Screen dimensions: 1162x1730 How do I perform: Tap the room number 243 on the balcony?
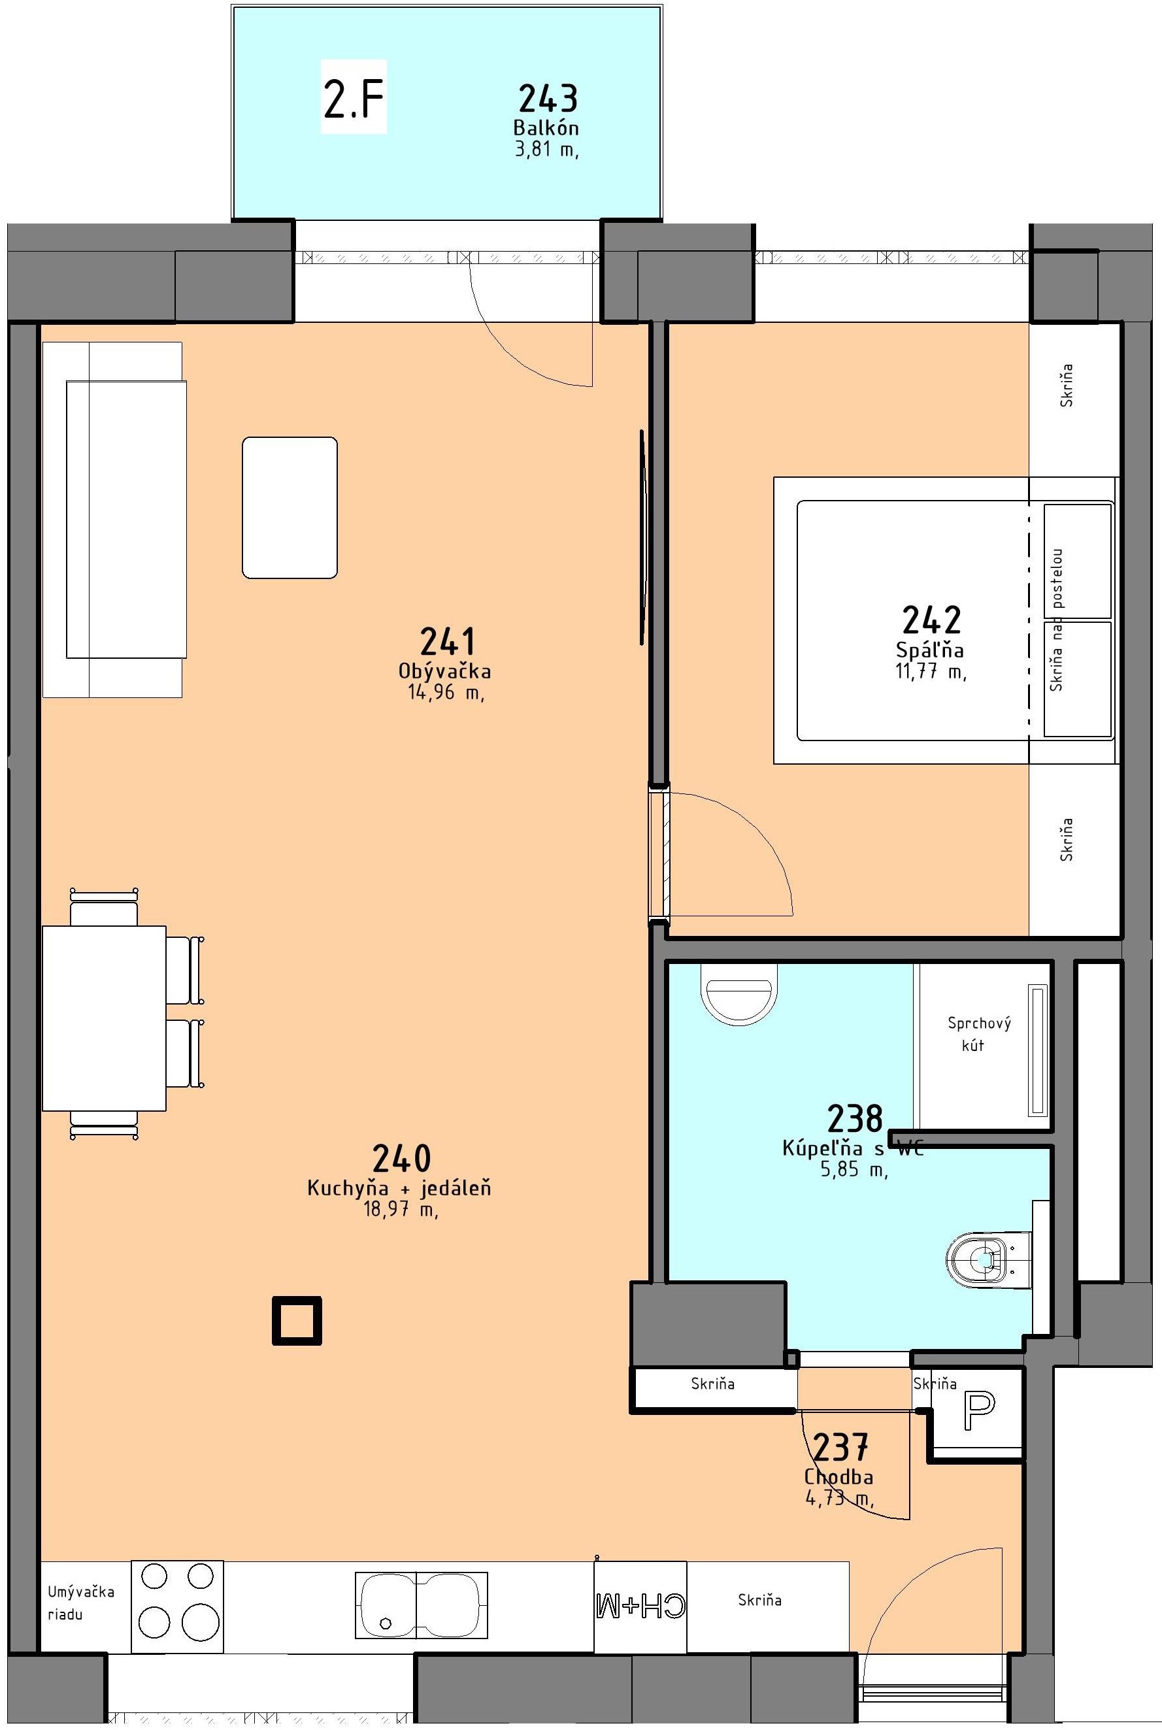coord(548,99)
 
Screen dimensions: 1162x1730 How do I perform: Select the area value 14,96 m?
coord(445,693)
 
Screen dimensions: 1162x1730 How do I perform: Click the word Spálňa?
coord(930,650)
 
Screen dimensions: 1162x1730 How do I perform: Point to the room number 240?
coord(402,1158)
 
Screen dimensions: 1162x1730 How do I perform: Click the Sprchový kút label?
coord(978,1033)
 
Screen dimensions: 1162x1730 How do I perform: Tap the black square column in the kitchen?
coord(297,1320)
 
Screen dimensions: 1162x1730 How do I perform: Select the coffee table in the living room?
coord(290,508)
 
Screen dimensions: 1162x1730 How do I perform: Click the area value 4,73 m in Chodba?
coord(839,1499)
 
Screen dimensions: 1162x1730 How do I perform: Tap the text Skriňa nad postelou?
coord(1057,620)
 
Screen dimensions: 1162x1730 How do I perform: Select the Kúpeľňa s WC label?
coord(853,1148)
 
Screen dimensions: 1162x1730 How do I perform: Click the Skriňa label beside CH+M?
coord(759,1601)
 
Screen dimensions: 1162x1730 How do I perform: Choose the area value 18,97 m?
coord(400,1210)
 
